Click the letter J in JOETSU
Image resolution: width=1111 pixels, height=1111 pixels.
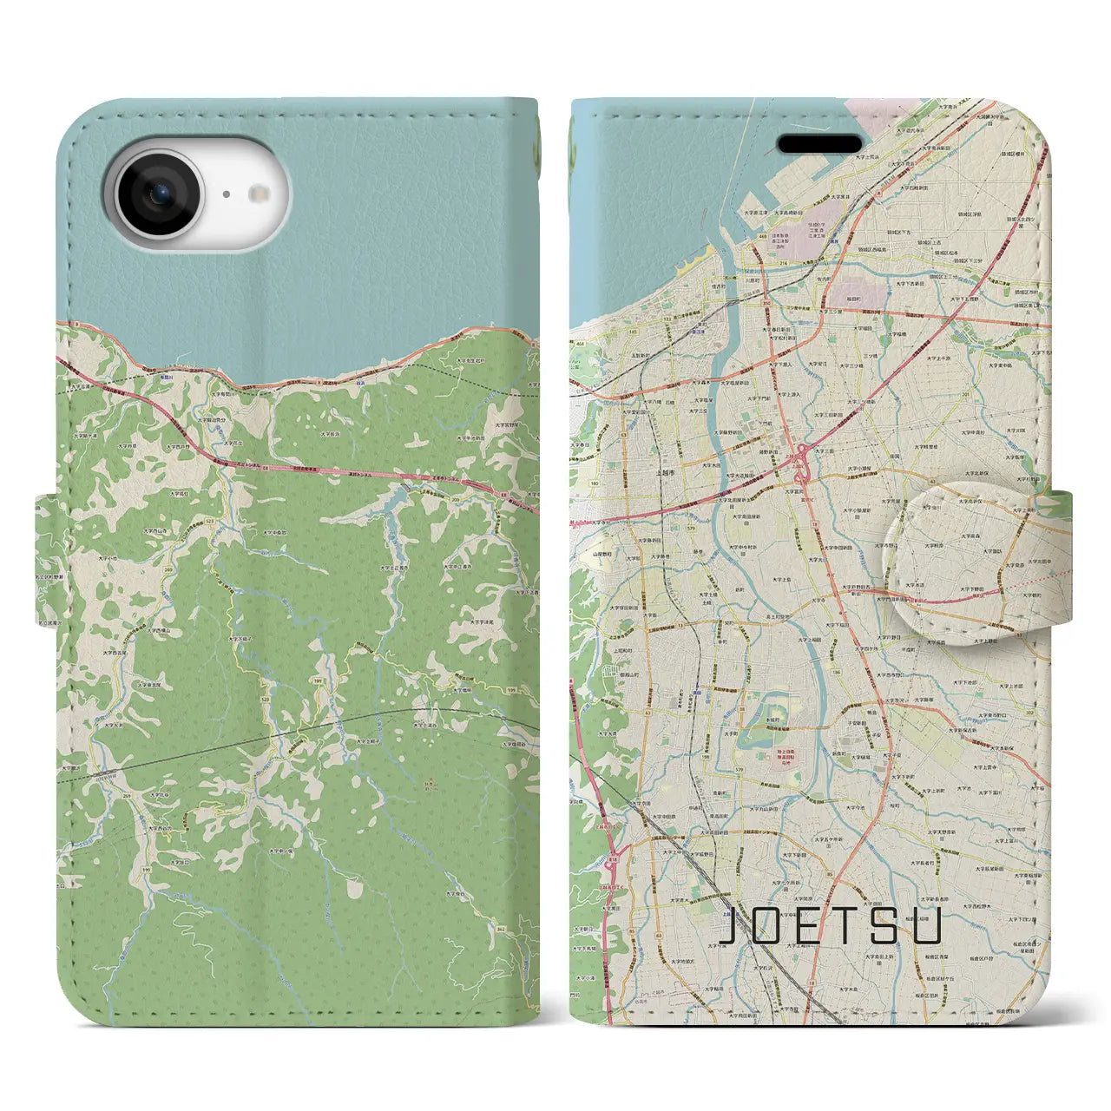tap(732, 927)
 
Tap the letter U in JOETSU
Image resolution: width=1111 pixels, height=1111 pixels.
tap(928, 927)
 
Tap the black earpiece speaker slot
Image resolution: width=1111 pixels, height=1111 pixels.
tap(818, 142)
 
